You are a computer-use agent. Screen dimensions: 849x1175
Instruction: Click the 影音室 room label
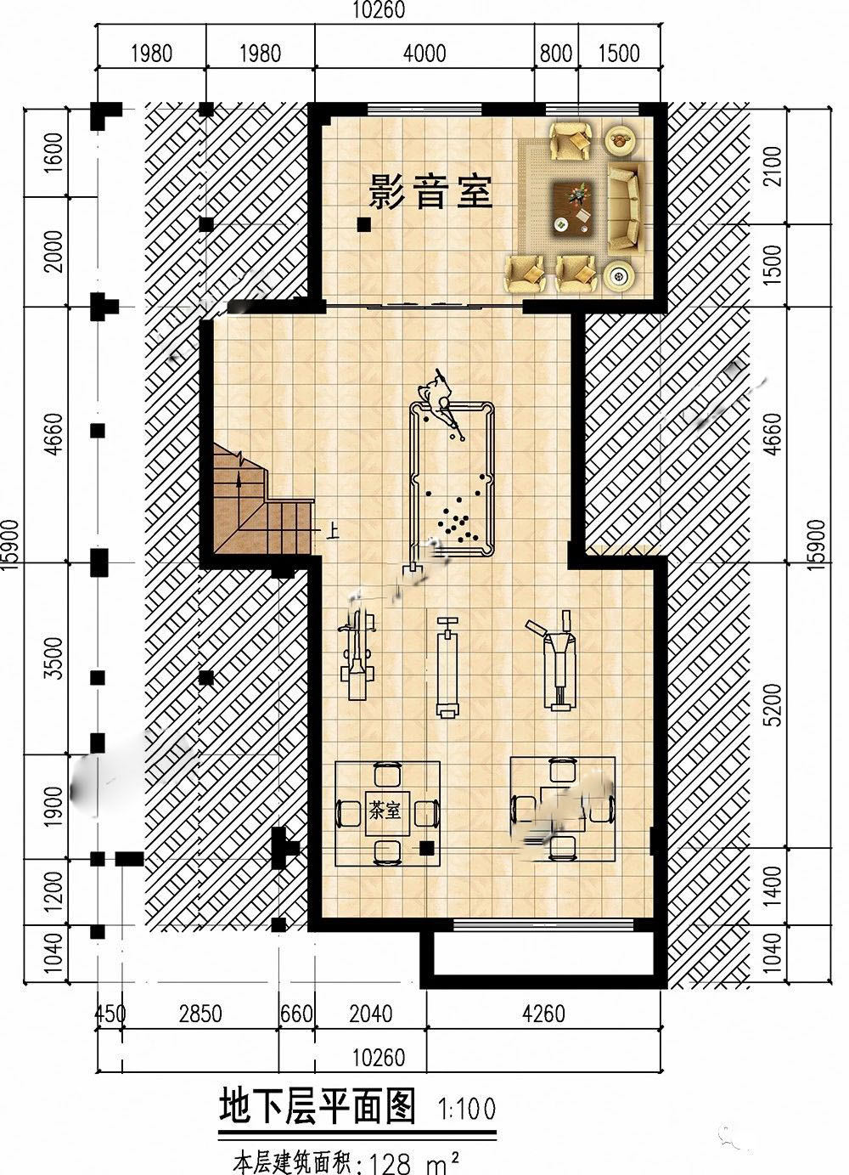[x=430, y=192]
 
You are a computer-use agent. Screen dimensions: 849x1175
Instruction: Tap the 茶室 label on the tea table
[x=385, y=811]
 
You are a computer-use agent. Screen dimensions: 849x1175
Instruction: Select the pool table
[x=452, y=477]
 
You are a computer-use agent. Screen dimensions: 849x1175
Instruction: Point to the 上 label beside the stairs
[x=332, y=533]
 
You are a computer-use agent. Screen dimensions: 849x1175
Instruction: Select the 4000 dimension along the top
[x=424, y=53]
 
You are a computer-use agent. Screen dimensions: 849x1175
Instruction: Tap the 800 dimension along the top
[x=555, y=53]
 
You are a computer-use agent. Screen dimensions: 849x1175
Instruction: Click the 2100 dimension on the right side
[x=773, y=167]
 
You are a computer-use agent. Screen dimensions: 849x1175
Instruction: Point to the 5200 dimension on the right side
[x=773, y=704]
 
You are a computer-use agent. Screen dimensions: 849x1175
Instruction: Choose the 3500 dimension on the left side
[x=53, y=658]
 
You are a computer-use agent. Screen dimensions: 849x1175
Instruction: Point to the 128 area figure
[x=391, y=1162]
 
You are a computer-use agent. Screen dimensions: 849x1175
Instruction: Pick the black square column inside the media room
[x=363, y=225]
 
